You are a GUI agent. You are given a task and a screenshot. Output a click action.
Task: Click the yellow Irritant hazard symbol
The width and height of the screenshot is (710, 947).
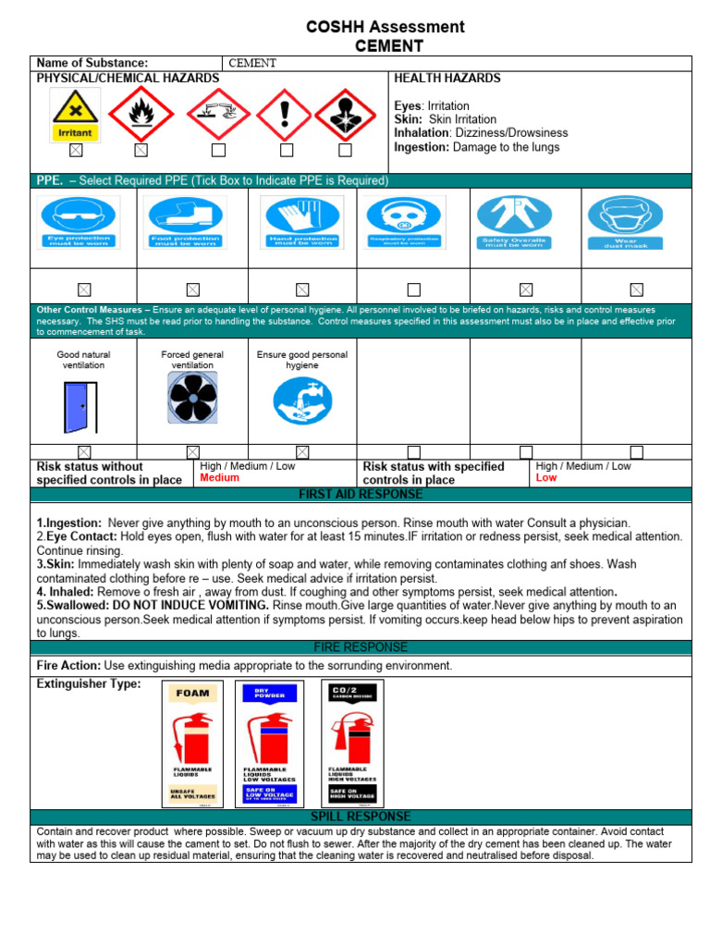click(x=76, y=115)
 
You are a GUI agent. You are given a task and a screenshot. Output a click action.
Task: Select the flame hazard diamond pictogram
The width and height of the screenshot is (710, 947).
click(x=141, y=115)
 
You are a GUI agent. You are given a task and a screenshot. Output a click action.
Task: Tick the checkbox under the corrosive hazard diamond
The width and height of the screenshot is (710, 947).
click(x=218, y=150)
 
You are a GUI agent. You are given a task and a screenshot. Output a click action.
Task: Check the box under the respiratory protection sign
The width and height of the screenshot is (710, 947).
click(x=414, y=289)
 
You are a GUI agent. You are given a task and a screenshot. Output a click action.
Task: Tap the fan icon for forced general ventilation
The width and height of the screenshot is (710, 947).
click(x=192, y=399)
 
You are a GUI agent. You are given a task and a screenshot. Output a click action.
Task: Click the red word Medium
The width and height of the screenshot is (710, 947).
click(x=220, y=478)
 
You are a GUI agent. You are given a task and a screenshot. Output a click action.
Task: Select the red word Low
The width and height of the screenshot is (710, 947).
click(x=546, y=478)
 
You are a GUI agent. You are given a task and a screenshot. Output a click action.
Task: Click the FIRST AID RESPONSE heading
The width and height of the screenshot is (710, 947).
click(x=361, y=495)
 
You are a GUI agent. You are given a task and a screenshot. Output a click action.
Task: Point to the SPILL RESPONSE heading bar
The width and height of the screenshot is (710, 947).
click(x=361, y=817)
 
